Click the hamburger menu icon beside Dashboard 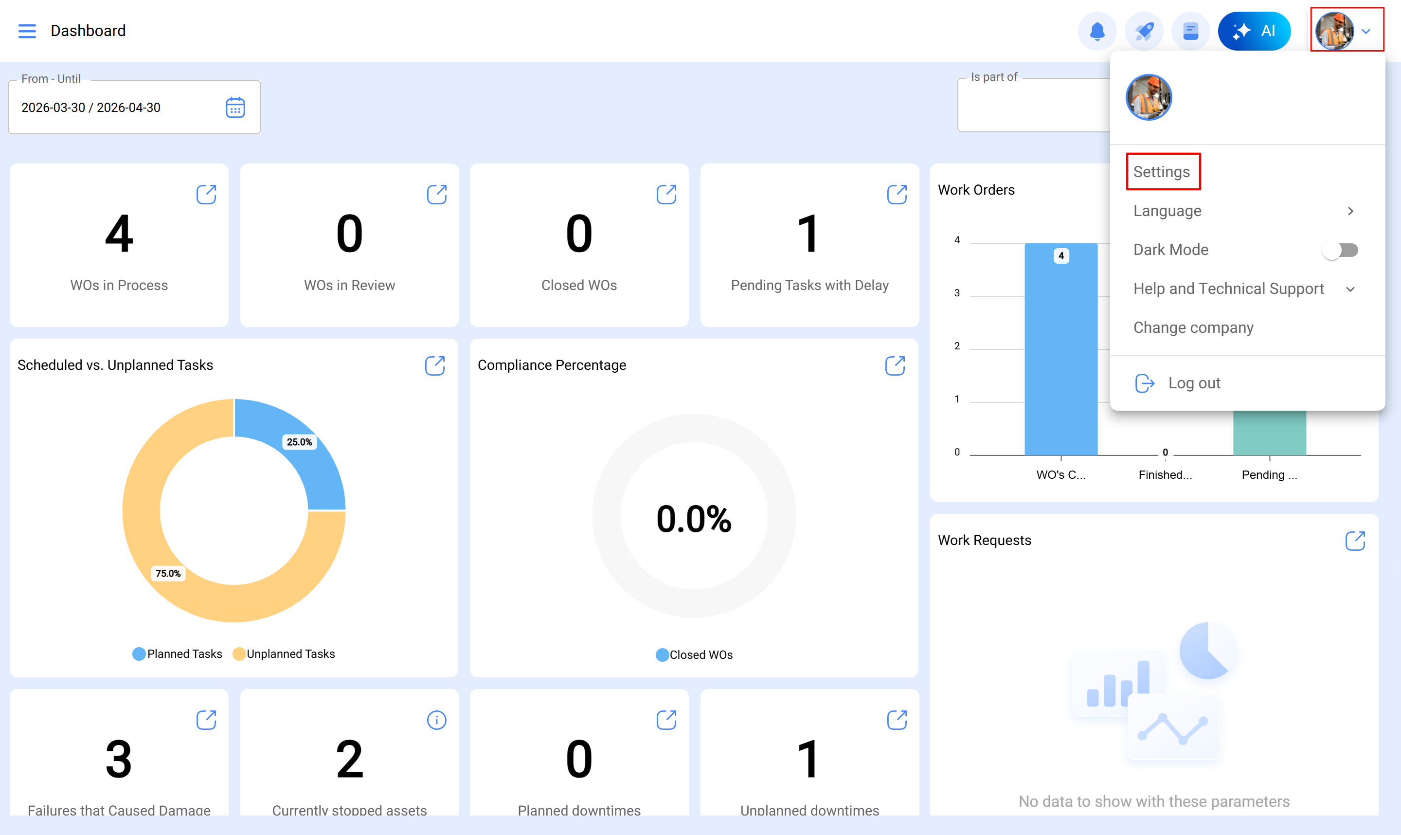(x=27, y=31)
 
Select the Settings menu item (x=1162, y=172)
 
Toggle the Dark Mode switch (x=1341, y=250)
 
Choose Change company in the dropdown (x=1193, y=327)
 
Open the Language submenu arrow (x=1350, y=211)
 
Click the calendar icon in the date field (x=235, y=108)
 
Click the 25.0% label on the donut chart (x=299, y=442)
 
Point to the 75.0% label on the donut (x=168, y=573)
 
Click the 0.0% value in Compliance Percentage (x=694, y=518)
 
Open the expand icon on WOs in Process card (x=206, y=195)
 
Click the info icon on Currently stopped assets (x=436, y=720)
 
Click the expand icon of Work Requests (x=1355, y=541)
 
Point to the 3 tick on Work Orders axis (x=957, y=293)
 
